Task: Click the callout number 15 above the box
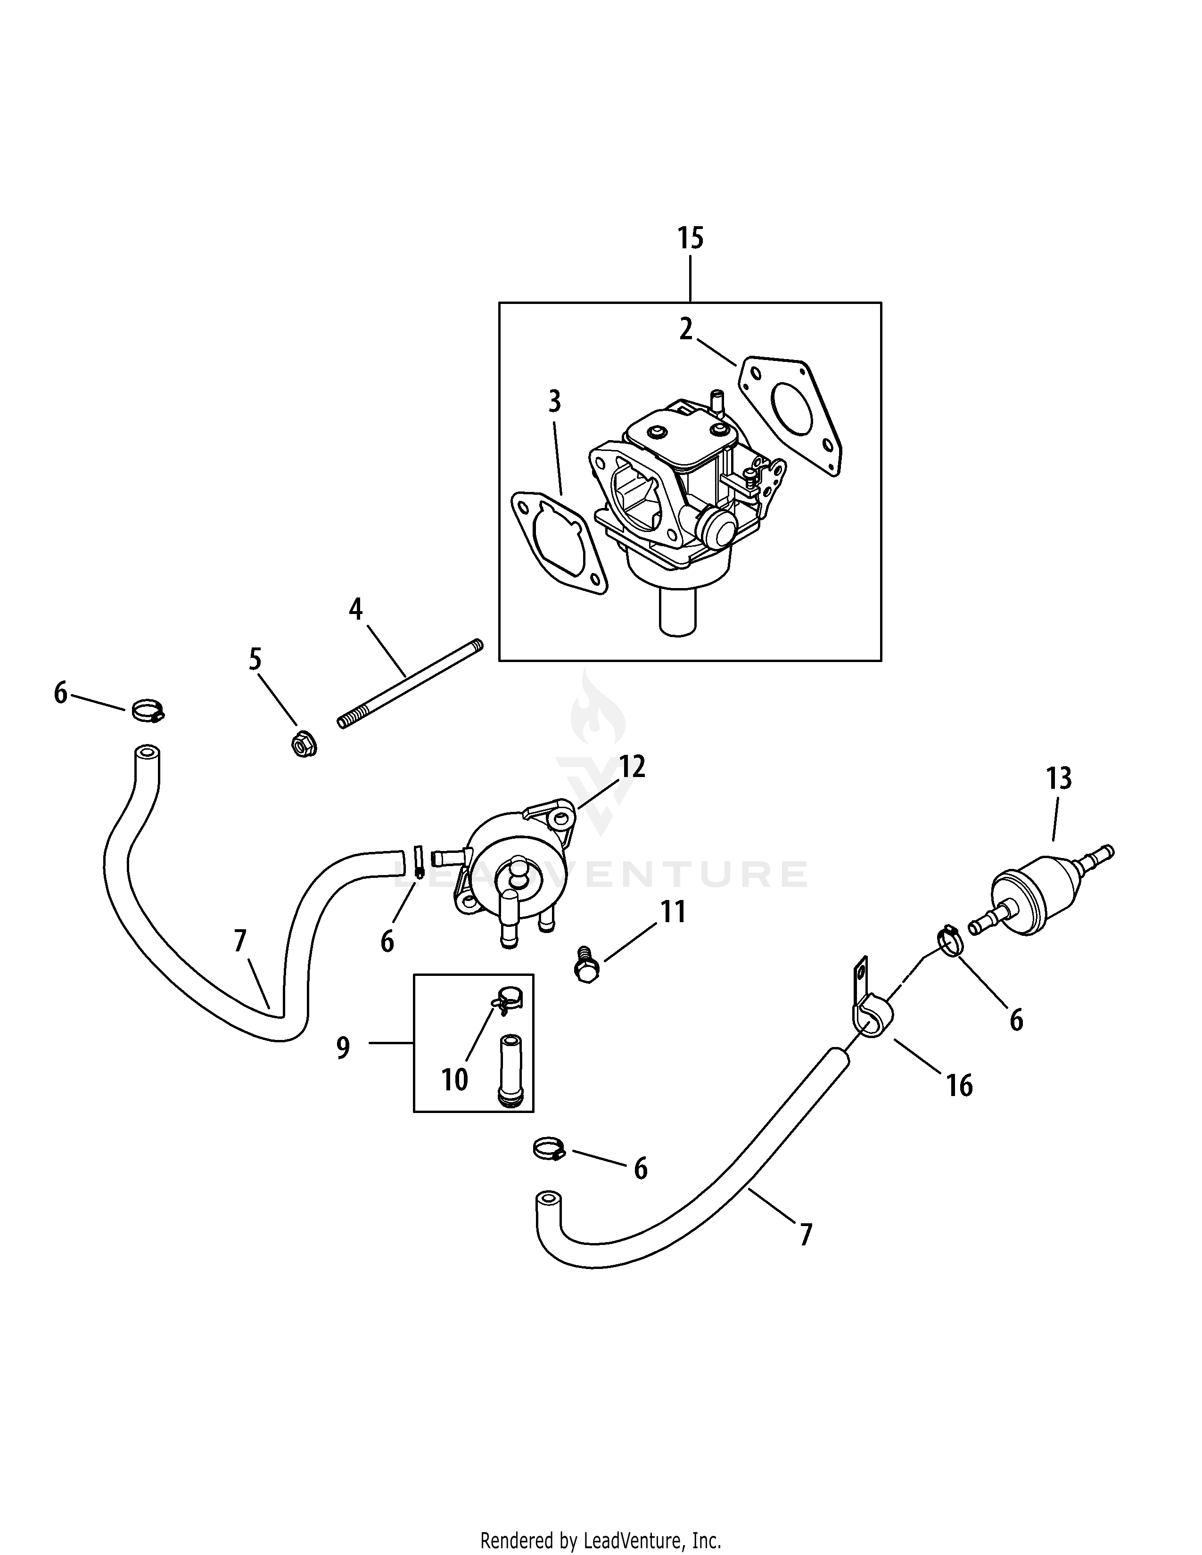coord(690,238)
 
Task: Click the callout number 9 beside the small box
coord(343,1048)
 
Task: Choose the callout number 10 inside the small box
coord(454,1080)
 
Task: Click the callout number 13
coord(1058,778)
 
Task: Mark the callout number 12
coord(632,767)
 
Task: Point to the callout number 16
coord(959,1086)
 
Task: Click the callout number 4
coord(355,609)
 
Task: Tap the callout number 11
coord(674,912)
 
